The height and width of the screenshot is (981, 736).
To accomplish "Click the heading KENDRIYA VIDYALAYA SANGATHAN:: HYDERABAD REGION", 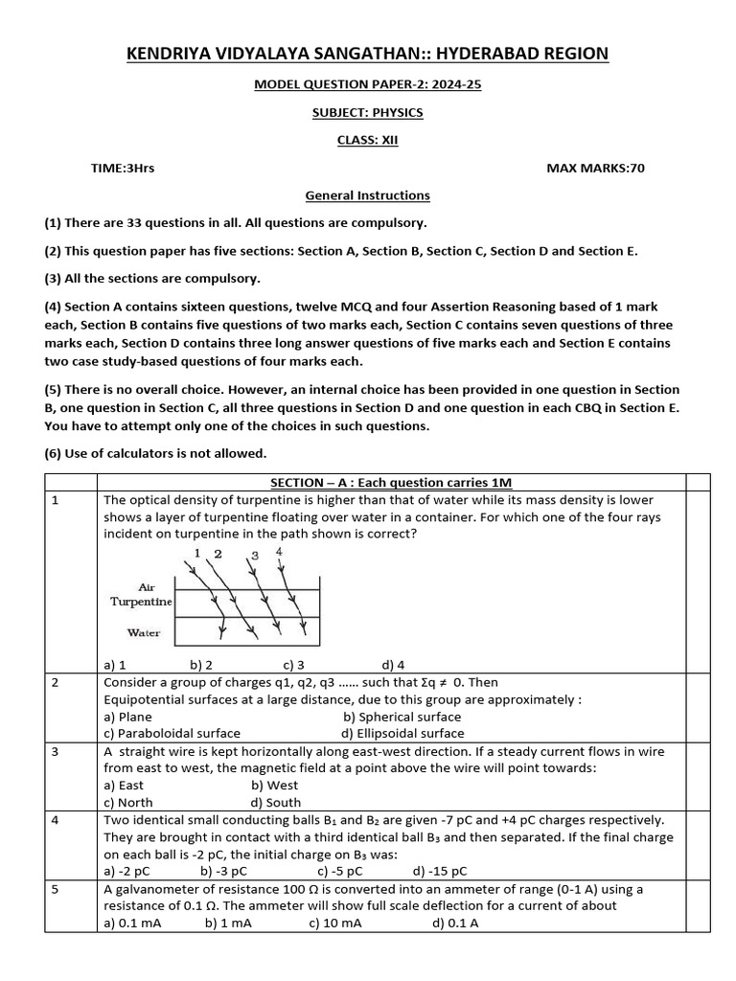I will [x=368, y=54].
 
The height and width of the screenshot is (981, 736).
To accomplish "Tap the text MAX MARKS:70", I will [x=595, y=168].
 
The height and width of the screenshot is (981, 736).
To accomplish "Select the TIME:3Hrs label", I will [x=123, y=168].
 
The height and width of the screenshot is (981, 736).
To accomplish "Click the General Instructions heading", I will [x=368, y=195].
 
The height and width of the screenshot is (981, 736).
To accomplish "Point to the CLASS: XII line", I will [x=368, y=140].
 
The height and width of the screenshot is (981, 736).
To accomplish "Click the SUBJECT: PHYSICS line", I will [x=368, y=112].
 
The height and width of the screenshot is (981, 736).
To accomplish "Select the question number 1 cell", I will [x=56, y=500].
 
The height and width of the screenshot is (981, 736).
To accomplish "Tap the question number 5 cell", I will [x=56, y=889].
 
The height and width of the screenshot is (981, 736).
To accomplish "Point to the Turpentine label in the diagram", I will [x=142, y=602].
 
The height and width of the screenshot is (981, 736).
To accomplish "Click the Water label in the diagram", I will [x=144, y=632].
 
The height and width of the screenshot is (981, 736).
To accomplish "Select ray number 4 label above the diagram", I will [x=279, y=551].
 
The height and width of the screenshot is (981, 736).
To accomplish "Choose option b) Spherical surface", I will [x=402, y=717].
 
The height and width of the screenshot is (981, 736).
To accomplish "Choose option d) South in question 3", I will [x=276, y=803].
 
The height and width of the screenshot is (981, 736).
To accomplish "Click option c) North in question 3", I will [x=127, y=803].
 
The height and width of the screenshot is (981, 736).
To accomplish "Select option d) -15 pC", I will [x=440, y=872].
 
